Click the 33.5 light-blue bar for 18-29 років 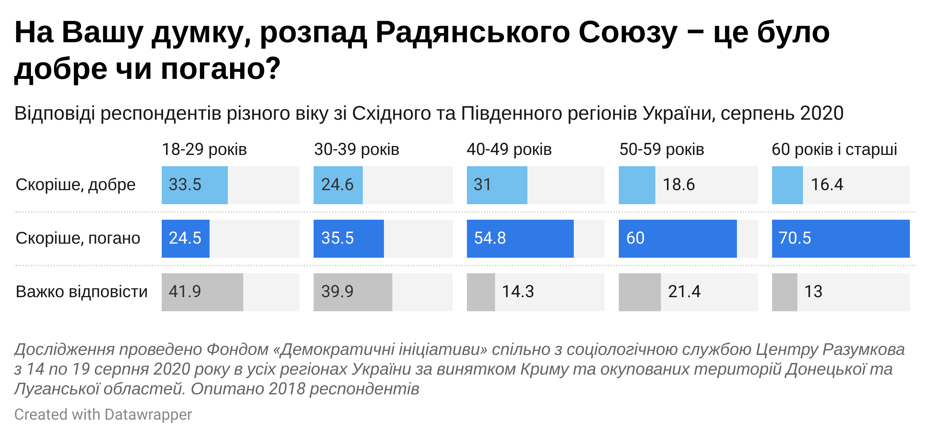[x=194, y=185]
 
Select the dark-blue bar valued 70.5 [x=840, y=239]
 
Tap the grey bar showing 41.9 [x=202, y=292]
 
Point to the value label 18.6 [x=678, y=184]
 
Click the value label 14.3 [x=518, y=292]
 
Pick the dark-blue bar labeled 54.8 [x=520, y=239]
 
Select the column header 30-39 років [x=357, y=149]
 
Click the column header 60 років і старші [x=834, y=149]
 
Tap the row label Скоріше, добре [x=76, y=184]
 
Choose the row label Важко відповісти [x=82, y=292]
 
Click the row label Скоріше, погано [x=78, y=238]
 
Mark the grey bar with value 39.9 [x=352, y=292]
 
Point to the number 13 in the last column [x=813, y=292]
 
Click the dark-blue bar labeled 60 [x=677, y=239]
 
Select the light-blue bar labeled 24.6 [x=338, y=185]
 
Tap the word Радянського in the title [x=471, y=33]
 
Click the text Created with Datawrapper [x=103, y=414]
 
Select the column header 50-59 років [x=662, y=149]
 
